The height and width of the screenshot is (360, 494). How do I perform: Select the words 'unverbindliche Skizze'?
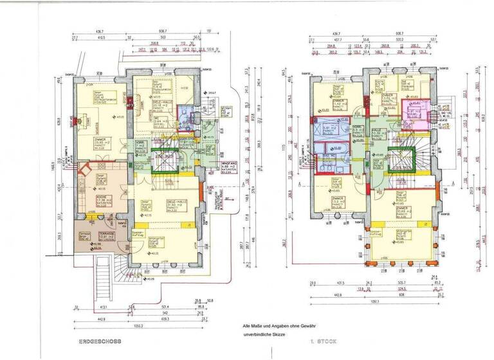click(x=263, y=334)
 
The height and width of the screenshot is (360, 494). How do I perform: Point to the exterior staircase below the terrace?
click(x=103, y=276)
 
